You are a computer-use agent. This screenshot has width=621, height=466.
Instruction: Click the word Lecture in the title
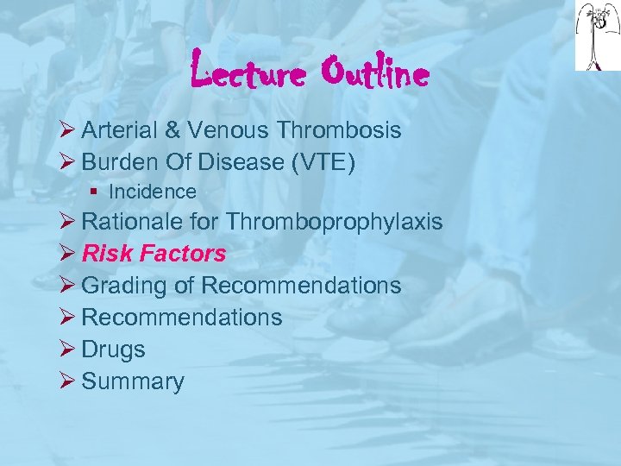click(x=246, y=73)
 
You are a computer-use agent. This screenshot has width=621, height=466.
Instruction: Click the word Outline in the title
click(x=374, y=73)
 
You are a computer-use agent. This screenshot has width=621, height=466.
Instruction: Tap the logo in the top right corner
click(x=596, y=35)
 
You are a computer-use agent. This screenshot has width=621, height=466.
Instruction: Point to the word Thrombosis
click(x=339, y=130)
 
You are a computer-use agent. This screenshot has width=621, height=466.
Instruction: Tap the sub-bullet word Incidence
click(x=153, y=192)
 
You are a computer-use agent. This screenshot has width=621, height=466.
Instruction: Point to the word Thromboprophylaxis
click(x=335, y=222)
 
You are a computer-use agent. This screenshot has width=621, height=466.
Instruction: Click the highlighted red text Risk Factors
click(x=154, y=254)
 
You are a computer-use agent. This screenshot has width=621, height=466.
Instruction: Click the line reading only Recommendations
click(x=182, y=317)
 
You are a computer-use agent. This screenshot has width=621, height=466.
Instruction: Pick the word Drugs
click(x=113, y=349)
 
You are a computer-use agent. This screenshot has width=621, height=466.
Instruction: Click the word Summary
click(x=133, y=381)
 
